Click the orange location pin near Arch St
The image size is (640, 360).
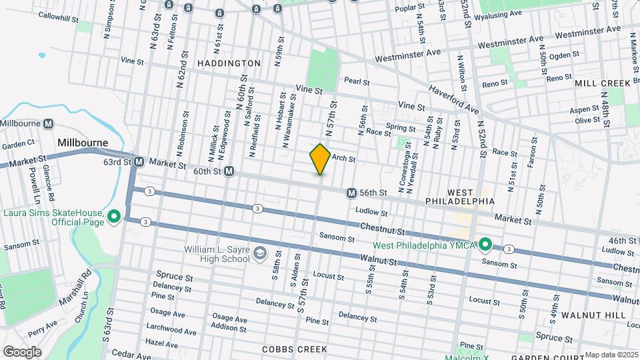click(320, 159)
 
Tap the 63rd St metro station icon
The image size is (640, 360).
click(139, 162)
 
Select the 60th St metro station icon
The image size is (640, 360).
click(229, 171)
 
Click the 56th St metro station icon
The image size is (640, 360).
click(351, 193)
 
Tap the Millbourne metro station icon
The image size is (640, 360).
click(48, 123)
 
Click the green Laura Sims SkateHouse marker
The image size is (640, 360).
click(114, 216)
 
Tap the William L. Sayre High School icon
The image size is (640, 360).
click(259, 253)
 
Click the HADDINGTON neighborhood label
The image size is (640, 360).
click(229, 63)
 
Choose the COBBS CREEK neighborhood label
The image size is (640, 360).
click(294, 349)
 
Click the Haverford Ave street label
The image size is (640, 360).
click(454, 98)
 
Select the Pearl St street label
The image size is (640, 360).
click(357, 81)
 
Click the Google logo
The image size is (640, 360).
click(22, 352)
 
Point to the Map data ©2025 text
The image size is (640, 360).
click(610, 355)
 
